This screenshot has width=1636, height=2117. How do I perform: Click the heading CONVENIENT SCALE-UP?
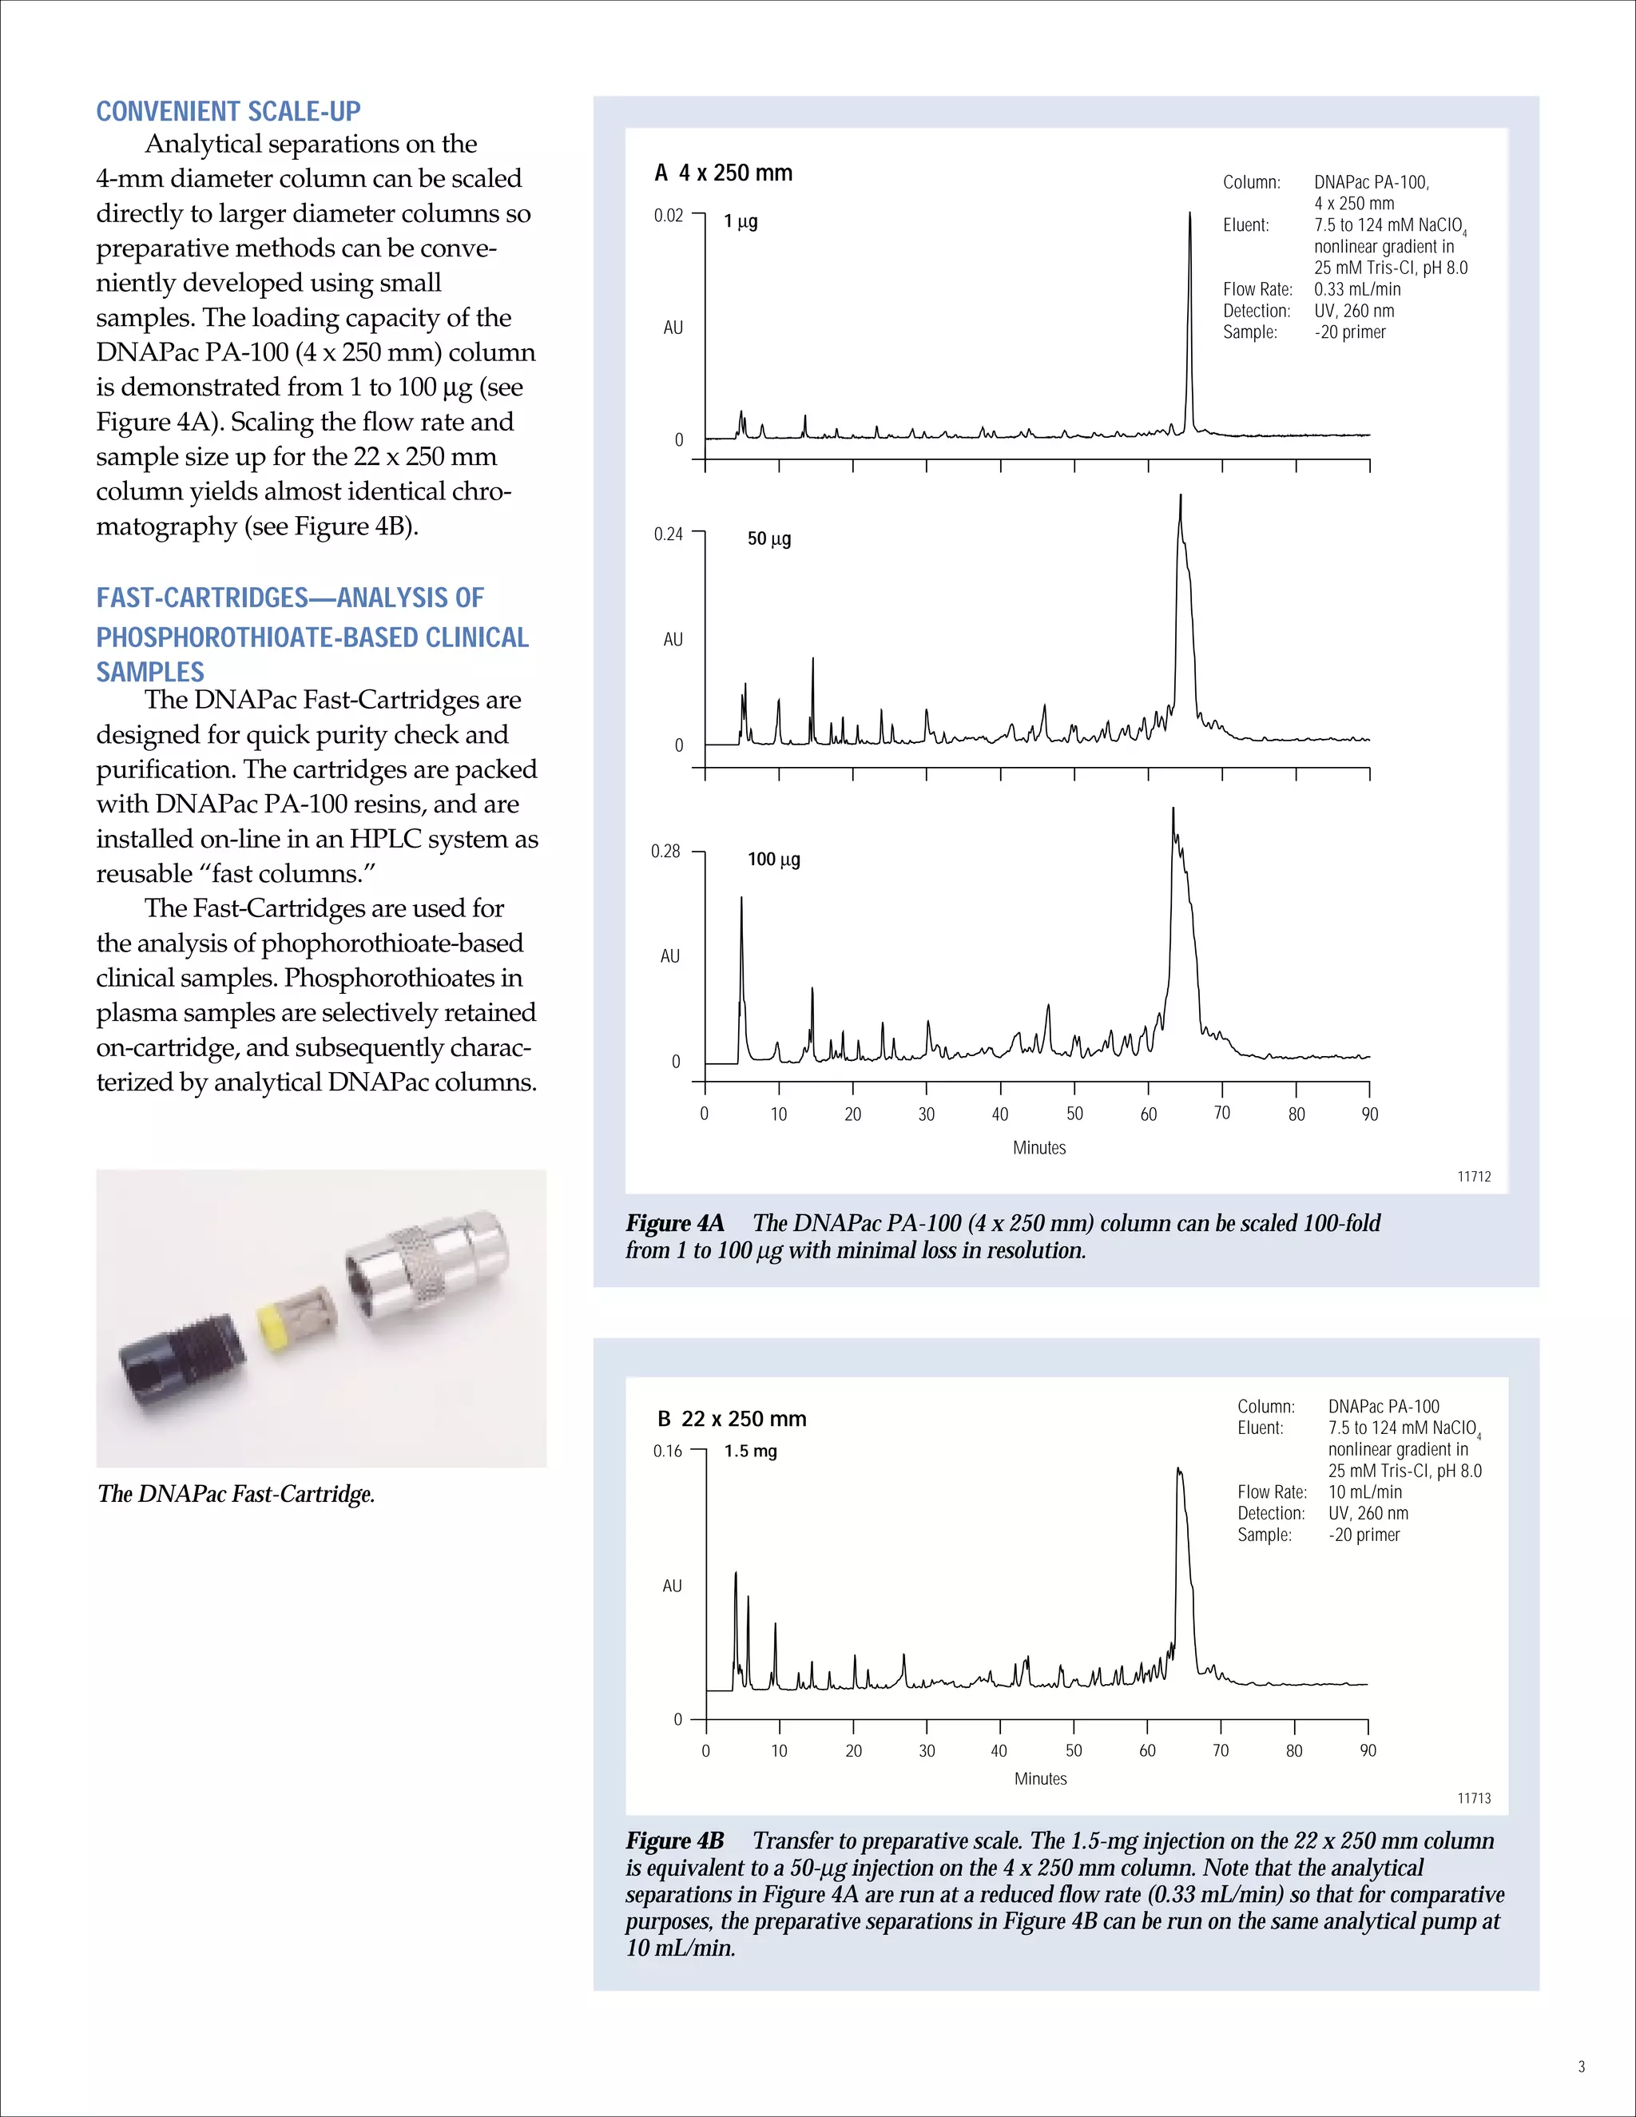click(228, 112)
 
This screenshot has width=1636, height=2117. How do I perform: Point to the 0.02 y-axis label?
click(668, 215)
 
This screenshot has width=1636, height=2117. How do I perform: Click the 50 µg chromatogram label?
click(768, 539)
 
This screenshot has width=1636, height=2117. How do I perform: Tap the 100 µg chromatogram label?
click(773, 859)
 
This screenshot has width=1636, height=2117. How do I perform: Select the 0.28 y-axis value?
click(666, 851)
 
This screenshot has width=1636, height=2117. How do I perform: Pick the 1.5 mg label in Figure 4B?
click(750, 1451)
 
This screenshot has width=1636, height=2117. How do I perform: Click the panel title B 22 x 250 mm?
click(732, 1419)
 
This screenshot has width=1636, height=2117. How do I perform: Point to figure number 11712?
click(1473, 1176)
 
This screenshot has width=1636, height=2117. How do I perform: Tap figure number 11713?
click(1473, 1798)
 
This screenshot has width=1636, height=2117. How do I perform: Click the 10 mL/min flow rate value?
click(1364, 1491)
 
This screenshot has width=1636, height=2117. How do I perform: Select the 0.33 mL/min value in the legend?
click(1357, 289)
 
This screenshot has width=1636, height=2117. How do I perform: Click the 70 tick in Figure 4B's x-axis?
click(1221, 1750)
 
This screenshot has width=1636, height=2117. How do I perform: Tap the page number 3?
click(1581, 2067)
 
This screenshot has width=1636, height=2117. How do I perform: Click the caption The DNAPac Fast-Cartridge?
click(236, 1494)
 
